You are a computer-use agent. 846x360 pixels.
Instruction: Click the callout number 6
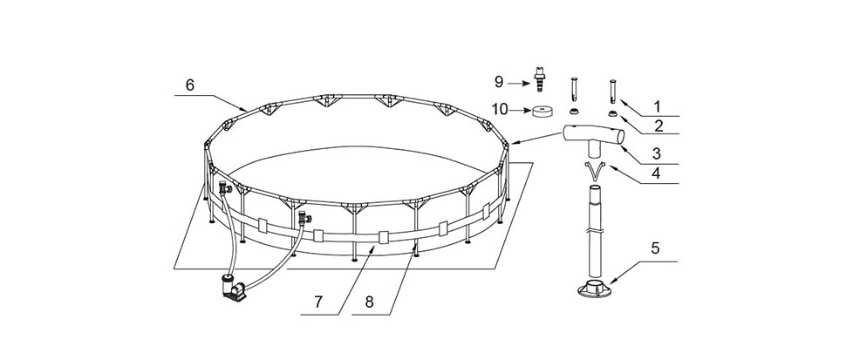click(x=189, y=85)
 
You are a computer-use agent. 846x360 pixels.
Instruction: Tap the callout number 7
click(x=318, y=302)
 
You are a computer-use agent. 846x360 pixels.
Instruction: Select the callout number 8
click(x=369, y=302)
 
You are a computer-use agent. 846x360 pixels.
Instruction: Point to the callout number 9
click(x=499, y=83)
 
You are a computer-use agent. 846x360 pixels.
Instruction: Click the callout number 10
click(x=500, y=110)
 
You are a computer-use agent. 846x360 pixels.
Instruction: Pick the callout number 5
click(x=656, y=248)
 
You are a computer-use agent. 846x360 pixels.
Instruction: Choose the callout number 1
click(x=657, y=106)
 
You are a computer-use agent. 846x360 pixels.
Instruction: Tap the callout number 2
click(x=658, y=126)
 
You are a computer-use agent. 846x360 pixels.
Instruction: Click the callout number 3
click(x=656, y=153)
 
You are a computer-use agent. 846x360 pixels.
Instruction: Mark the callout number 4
click(x=656, y=174)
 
